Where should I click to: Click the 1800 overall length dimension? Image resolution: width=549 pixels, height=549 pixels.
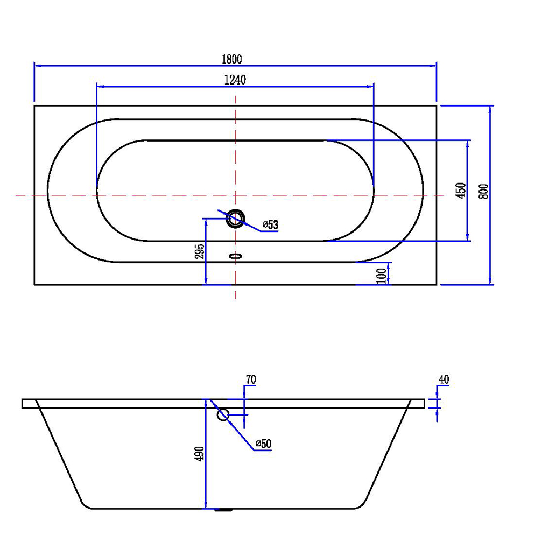pyautogui.click(x=232, y=59)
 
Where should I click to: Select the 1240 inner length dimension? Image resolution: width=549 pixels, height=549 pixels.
pyautogui.click(x=235, y=80)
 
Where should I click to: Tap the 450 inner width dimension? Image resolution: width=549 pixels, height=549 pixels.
pyautogui.click(x=461, y=191)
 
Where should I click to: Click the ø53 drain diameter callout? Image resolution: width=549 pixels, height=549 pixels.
pyautogui.click(x=270, y=224)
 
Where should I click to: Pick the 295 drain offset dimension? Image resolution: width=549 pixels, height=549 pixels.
pyautogui.click(x=200, y=251)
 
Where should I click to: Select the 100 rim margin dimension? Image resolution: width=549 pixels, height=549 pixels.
pyautogui.click(x=382, y=276)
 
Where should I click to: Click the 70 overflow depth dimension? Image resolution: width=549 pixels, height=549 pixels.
pyautogui.click(x=251, y=379)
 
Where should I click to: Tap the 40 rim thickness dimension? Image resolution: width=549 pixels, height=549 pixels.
pyautogui.click(x=444, y=379)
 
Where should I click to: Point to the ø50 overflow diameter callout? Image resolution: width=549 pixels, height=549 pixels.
pyautogui.click(x=264, y=444)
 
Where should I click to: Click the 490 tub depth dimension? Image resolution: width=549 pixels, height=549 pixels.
pyautogui.click(x=200, y=454)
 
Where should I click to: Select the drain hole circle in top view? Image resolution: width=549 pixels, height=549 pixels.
pyautogui.click(x=235, y=219)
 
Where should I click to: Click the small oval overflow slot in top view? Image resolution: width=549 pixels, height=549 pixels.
pyautogui.click(x=236, y=256)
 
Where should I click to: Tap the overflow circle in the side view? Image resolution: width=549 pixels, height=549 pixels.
pyautogui.click(x=223, y=415)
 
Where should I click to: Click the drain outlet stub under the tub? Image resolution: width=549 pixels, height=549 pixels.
pyautogui.click(x=223, y=510)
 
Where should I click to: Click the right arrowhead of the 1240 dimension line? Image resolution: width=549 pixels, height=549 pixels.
pyautogui.click(x=370, y=86)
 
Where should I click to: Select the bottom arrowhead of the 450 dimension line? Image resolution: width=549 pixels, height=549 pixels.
pyautogui.click(x=467, y=237)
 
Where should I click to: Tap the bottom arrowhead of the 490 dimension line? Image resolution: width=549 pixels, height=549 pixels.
pyautogui.click(x=206, y=504)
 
